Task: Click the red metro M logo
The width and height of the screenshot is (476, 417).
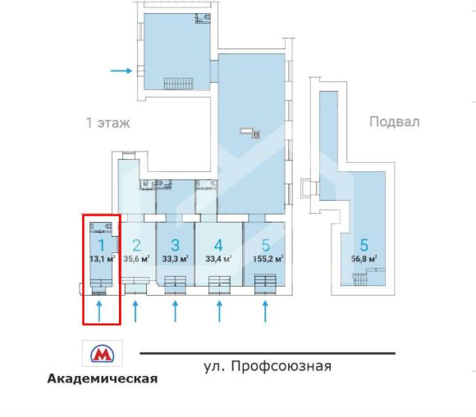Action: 102,354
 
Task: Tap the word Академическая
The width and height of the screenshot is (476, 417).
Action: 102,378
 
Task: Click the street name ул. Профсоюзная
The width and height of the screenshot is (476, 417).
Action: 267,365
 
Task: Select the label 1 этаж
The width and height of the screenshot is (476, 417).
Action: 108,123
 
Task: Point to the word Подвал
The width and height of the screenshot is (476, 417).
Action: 394,122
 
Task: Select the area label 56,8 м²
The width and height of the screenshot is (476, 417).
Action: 363,260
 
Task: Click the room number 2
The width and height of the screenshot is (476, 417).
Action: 137,244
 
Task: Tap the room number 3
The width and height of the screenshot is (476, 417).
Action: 174,244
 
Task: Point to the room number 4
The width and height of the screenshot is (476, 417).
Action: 217,244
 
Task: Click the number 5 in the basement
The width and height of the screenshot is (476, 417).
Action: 363,244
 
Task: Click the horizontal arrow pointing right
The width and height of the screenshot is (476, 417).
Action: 121,71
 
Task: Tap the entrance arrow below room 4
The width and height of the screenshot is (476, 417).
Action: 219,311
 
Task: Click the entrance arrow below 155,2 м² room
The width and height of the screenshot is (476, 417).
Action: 265,311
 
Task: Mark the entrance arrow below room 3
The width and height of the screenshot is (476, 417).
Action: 175,311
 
